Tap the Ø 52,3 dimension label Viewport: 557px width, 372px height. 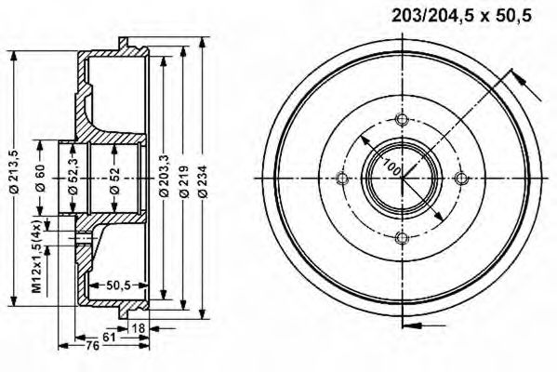73,177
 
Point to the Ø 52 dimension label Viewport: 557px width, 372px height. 113,177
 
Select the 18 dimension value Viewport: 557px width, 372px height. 139,327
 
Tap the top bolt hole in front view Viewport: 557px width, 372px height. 401,120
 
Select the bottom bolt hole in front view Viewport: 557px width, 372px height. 401,239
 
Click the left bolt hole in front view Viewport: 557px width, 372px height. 341,179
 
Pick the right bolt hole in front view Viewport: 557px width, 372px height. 460,179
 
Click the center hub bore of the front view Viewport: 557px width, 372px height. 401,179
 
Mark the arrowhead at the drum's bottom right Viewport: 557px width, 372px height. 415,325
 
